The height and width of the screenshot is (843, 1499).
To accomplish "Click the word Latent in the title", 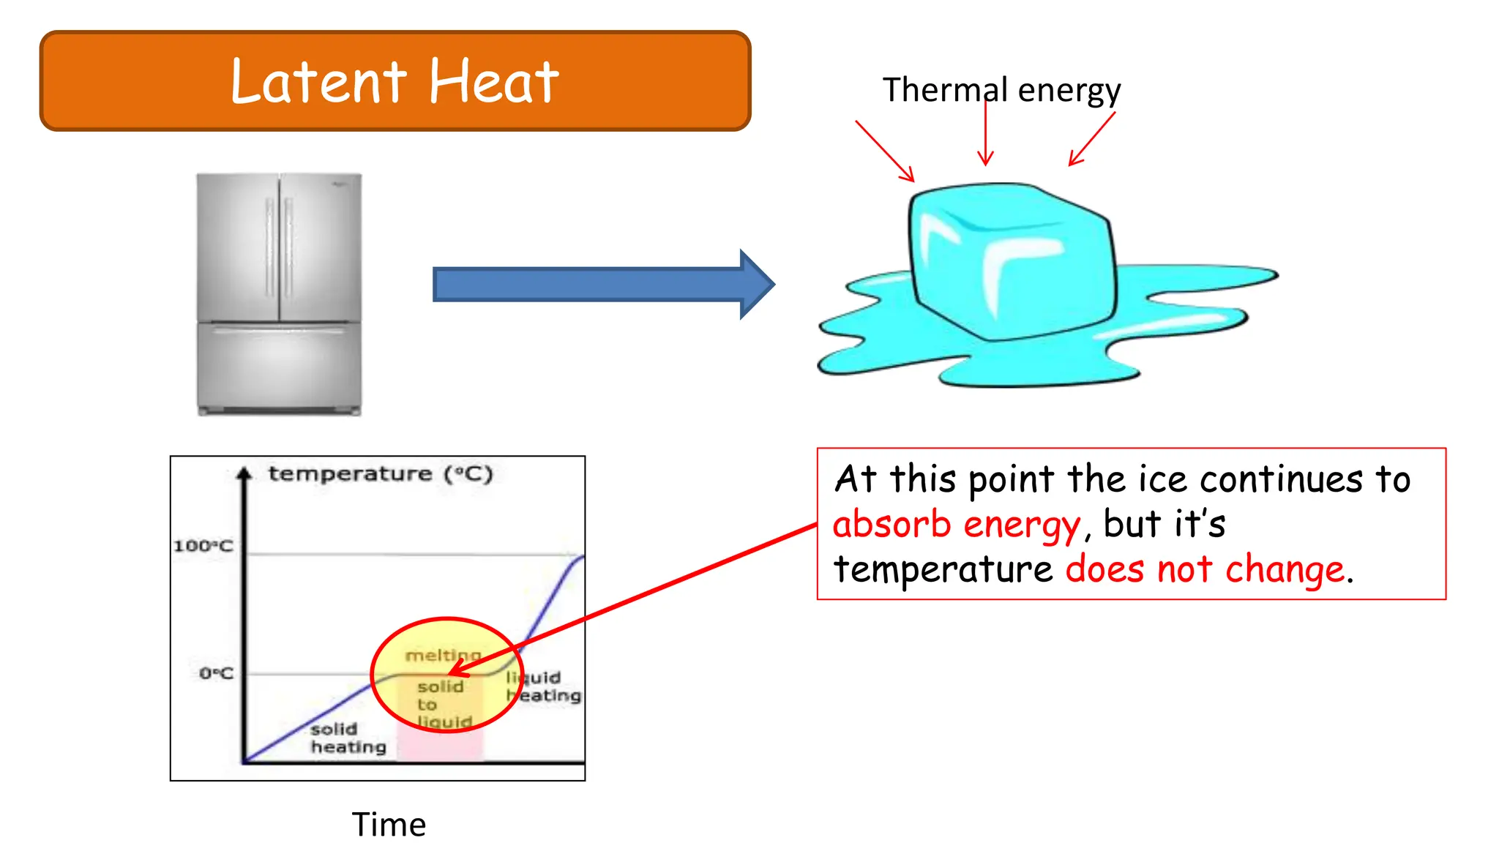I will coord(318,81).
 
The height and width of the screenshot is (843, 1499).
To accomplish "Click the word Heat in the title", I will coord(493,81).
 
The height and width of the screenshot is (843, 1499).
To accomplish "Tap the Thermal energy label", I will coord(1001,90).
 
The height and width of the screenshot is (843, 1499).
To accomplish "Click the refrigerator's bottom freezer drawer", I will coord(279,366).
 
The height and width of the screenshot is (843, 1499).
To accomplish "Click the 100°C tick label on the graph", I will coord(203,546).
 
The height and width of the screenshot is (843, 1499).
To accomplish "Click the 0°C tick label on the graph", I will coord(216,673).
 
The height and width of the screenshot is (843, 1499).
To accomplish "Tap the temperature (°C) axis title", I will coord(381,474).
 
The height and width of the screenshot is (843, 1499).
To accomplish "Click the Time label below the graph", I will coord(389,825).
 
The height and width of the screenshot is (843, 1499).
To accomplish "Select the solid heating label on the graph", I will coord(348,738).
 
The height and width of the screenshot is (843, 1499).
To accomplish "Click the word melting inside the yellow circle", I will coord(443,655).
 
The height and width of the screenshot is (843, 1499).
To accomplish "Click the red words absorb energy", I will coord(956,525).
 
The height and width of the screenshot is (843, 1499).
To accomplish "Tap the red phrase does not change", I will coord(1205,569).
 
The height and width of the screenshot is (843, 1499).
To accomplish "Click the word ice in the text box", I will coord(1162,480).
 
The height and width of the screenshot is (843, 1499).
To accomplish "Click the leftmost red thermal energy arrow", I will coord(885,151).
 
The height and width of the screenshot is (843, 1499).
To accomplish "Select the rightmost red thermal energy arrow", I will coord(1092,138).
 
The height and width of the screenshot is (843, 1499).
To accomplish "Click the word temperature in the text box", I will coord(943,569).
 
